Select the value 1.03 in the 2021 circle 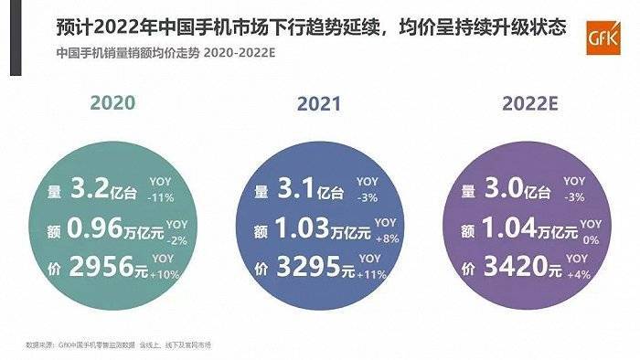click(298, 228)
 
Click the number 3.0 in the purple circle click(499, 191)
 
